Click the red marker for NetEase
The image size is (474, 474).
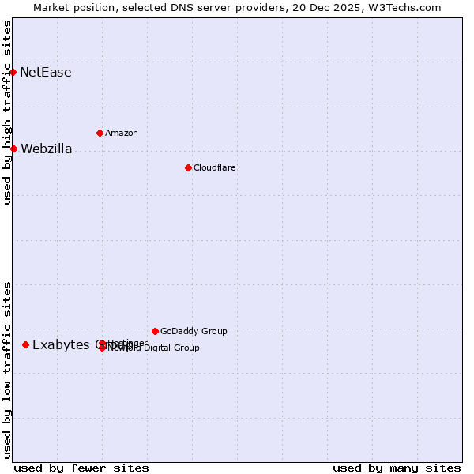tap(13, 73)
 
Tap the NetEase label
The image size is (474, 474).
tap(46, 73)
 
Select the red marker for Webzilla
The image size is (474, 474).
tap(13, 149)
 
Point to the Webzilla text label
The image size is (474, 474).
tap(46, 149)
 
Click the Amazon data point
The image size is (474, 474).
tap(100, 133)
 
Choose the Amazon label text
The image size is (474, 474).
tap(122, 133)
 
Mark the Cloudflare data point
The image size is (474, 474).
tap(188, 167)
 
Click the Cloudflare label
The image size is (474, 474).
tap(215, 167)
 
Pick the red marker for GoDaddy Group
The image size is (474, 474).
tap(155, 331)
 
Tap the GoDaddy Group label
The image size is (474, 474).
tap(194, 331)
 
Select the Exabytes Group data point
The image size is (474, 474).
tap(26, 344)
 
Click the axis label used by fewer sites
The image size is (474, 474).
tap(81, 468)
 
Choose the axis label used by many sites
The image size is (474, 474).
tap(397, 468)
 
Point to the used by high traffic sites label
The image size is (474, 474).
tap(7, 112)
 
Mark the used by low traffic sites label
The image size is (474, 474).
tap(7, 370)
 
